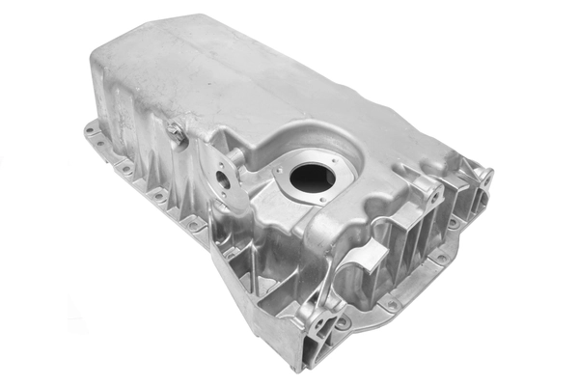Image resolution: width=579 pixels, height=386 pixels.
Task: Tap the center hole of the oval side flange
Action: coord(223,179)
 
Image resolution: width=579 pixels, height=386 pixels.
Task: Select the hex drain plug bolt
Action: coord(177,135)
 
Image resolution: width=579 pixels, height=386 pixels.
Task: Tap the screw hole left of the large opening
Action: coord(277,175)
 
